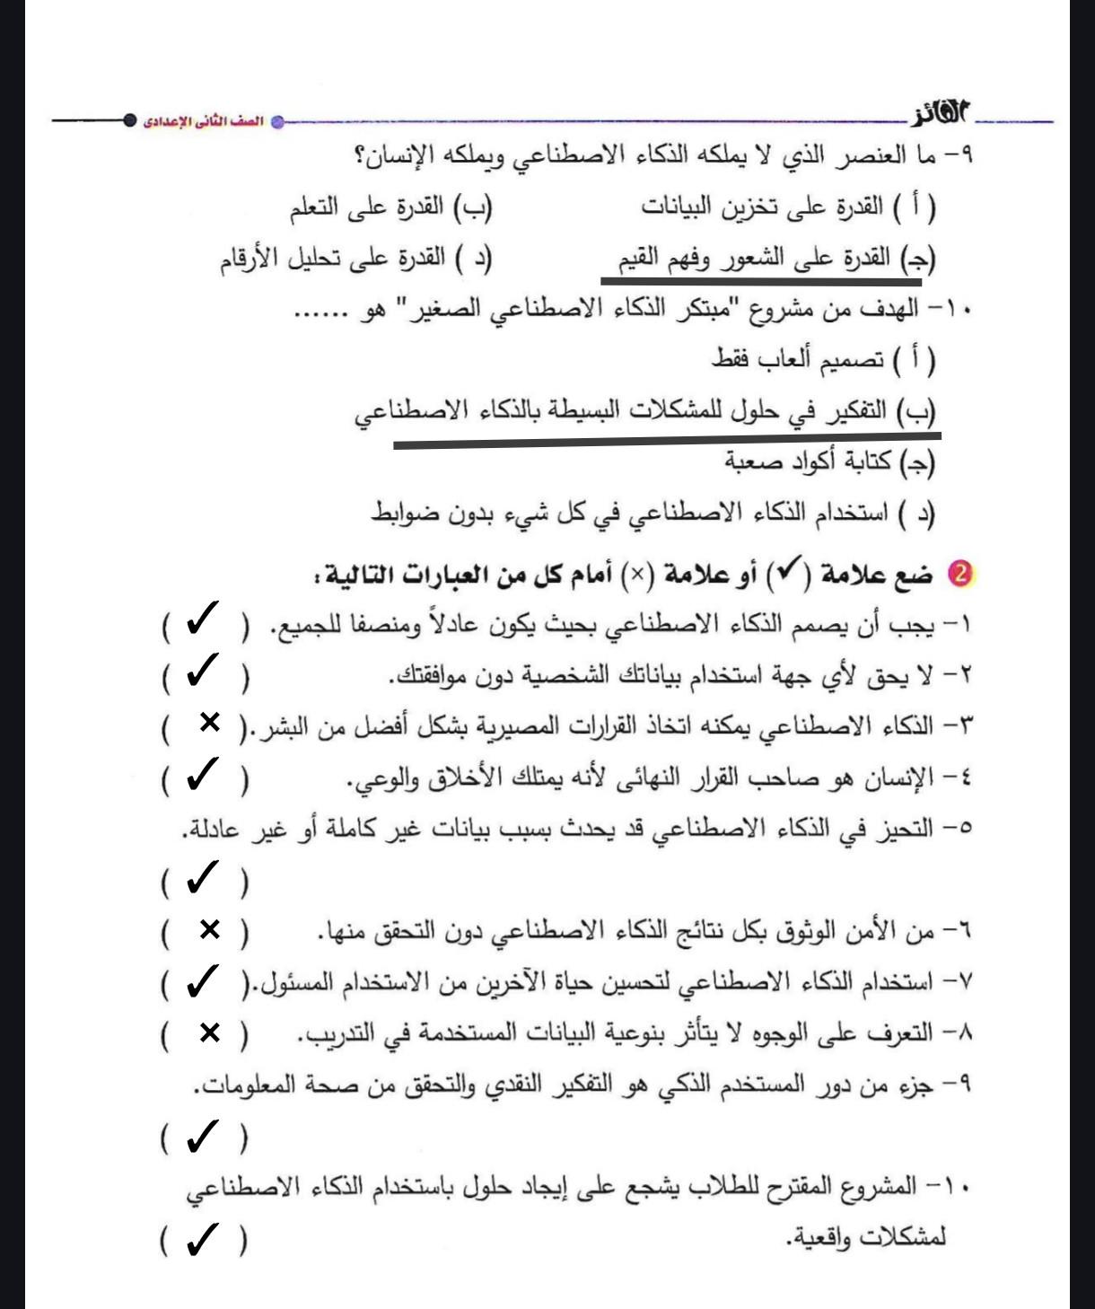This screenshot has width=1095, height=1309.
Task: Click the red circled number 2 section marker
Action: pyautogui.click(x=961, y=574)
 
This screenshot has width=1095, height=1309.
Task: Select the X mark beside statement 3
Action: pyautogui.click(x=209, y=723)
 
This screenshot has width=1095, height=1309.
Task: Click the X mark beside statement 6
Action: pyautogui.click(x=209, y=930)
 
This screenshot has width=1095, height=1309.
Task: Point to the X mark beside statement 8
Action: pyautogui.click(x=209, y=1033)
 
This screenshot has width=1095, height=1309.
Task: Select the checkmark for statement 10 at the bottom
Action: pyautogui.click(x=203, y=1241)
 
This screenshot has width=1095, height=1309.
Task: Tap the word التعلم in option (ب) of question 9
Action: pyautogui.click(x=314, y=207)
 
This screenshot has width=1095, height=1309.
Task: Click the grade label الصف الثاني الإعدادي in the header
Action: pyautogui.click(x=204, y=121)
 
